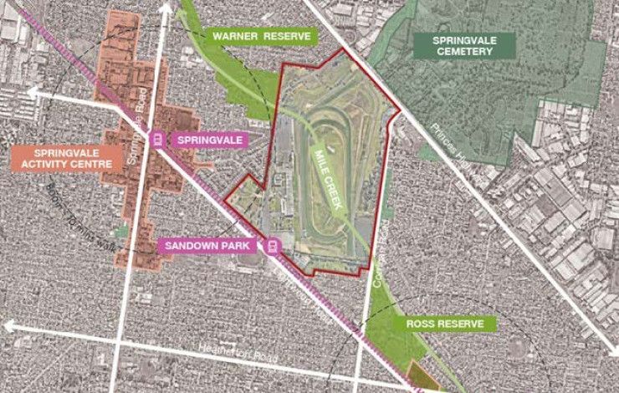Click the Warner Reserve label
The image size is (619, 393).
pyautogui.click(x=261, y=37)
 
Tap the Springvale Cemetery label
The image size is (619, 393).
pyautogui.click(x=462, y=45)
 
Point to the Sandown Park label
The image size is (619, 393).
pyautogui.click(x=210, y=246)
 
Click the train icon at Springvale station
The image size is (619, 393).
pyautogui.click(x=156, y=139)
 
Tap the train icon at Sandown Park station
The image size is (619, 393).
pyautogui.click(x=272, y=246)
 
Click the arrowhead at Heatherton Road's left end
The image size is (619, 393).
pyautogui.click(x=8, y=324)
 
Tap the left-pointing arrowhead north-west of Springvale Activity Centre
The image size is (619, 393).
pyautogui.click(x=32, y=92)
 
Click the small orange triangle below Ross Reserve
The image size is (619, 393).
pyautogui.click(x=417, y=377)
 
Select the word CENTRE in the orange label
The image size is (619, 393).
pyautogui.click(x=102, y=165)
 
